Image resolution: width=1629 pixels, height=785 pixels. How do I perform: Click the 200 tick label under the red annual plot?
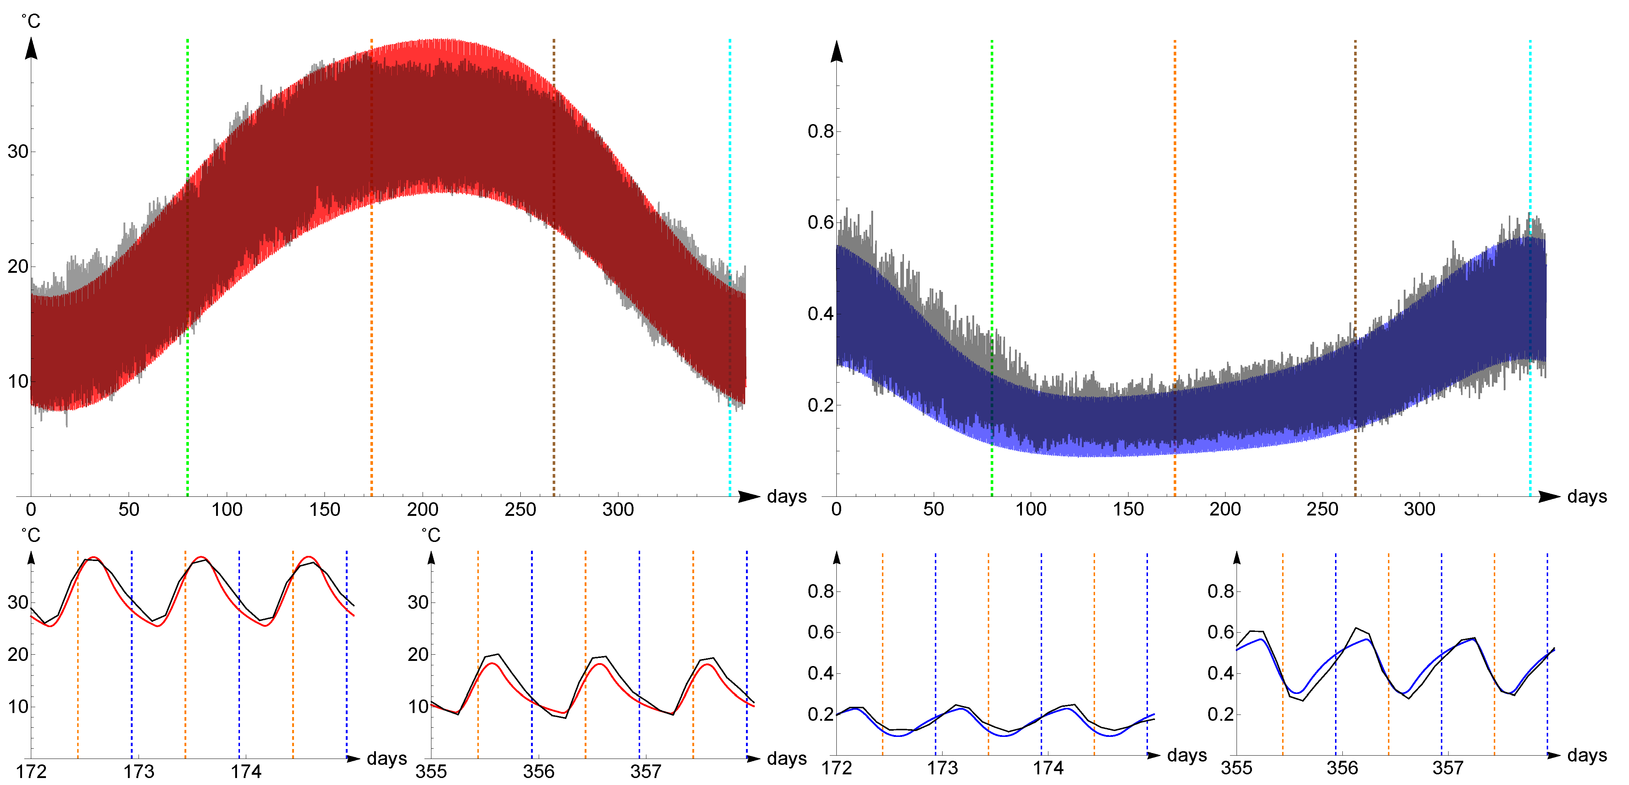pos(423,509)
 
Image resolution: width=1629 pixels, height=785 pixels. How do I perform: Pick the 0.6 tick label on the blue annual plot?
pos(820,223)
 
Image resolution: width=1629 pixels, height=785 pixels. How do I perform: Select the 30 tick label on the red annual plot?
pos(18,152)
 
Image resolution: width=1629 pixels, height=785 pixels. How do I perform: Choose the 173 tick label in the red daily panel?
pos(139,772)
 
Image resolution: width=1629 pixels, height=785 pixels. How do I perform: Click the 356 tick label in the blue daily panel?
pos(1342,768)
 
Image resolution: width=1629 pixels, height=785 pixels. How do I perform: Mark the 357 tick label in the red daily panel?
pos(646,772)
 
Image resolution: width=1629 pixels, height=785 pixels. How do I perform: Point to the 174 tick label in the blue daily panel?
pos(1048,768)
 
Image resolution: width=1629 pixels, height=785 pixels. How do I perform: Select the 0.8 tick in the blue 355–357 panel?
pos(1220,592)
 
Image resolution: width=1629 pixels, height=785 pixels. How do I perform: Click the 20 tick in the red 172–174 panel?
pos(18,655)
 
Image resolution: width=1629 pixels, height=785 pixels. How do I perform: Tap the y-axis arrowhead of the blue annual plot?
pos(837,52)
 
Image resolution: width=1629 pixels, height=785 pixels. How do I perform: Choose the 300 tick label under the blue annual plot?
pos(1419,509)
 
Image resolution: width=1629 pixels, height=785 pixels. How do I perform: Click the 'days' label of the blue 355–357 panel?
pos(1587,755)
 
